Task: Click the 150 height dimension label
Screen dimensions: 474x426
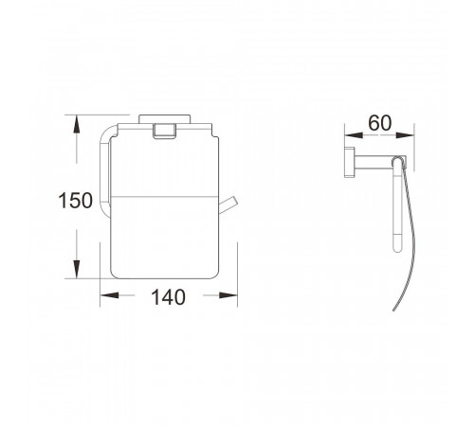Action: coord(76,201)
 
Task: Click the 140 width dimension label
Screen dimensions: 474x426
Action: coord(168,297)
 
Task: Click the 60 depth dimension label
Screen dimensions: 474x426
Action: coord(380,123)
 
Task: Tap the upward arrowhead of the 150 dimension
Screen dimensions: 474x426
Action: coord(76,124)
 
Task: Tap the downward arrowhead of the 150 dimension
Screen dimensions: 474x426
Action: coord(76,269)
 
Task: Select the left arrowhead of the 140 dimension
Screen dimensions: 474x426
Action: coord(109,295)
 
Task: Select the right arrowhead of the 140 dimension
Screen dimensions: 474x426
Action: coord(228,295)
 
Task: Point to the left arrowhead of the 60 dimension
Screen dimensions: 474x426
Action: coord(354,135)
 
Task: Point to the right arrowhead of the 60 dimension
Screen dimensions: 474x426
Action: coord(405,135)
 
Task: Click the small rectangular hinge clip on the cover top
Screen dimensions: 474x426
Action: coord(164,132)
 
